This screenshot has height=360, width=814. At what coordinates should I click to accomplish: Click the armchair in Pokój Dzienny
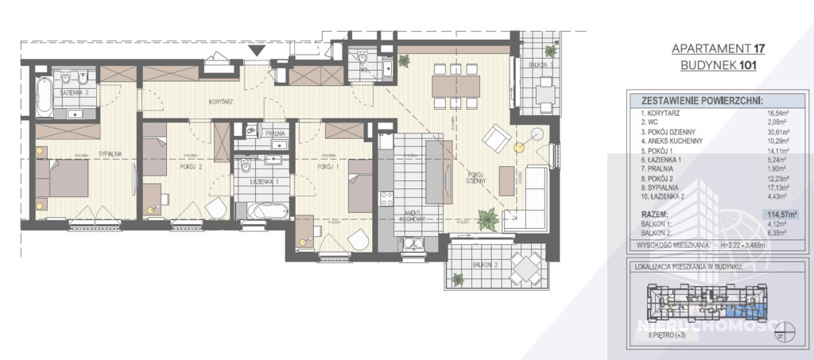498,141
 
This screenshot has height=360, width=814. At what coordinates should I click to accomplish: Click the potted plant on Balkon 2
458,279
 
